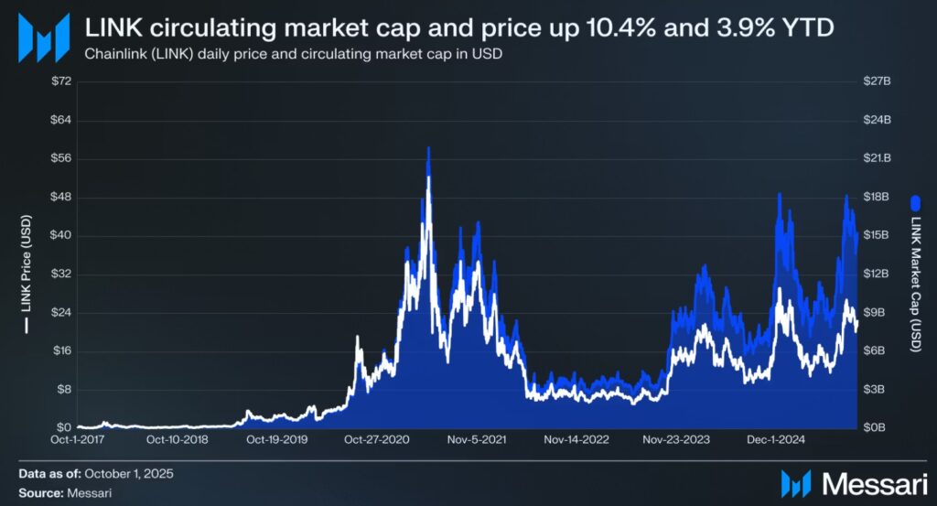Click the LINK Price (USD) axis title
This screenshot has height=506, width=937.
click(x=27, y=275)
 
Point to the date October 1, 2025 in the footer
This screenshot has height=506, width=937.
click(x=128, y=474)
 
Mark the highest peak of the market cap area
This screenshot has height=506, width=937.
click(x=427, y=148)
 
